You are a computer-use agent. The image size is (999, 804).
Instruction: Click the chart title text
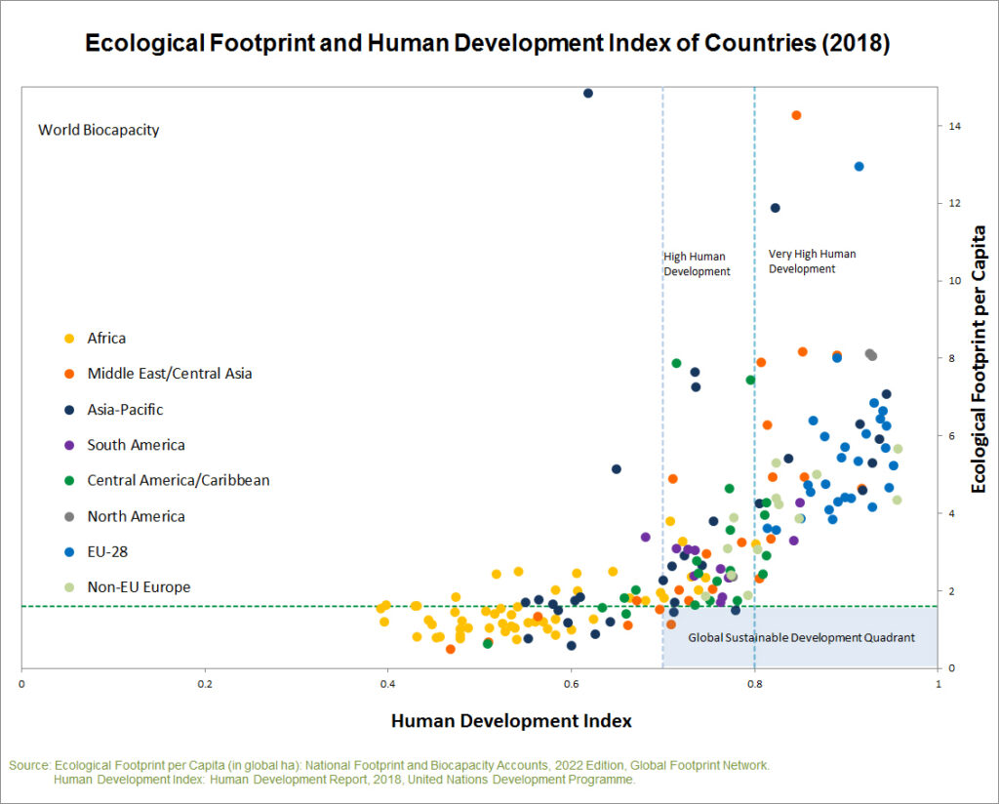[488, 44]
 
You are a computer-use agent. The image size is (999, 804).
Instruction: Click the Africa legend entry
[106, 339]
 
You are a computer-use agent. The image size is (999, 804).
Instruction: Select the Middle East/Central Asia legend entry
[170, 374]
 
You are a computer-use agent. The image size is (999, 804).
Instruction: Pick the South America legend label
[136, 445]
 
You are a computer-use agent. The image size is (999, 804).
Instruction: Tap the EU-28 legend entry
[107, 552]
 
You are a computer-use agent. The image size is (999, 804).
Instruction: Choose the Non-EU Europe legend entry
[139, 587]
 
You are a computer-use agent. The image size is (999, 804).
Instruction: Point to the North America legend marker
[69, 517]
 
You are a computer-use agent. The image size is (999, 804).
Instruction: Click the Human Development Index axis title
[511, 721]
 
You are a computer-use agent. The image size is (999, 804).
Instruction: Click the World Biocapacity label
[99, 130]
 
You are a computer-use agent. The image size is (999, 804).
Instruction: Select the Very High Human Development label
[812, 261]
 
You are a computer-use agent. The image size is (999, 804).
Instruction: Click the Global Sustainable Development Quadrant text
[801, 638]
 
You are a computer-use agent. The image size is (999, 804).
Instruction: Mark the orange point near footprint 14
[796, 115]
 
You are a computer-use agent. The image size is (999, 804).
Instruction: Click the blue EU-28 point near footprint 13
[859, 167]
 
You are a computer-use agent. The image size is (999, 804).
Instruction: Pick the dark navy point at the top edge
[588, 94]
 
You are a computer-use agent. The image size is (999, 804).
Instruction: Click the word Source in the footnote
[29, 766]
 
